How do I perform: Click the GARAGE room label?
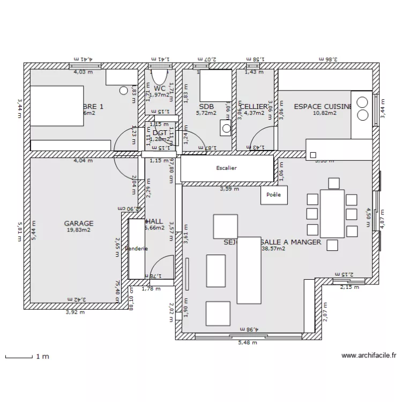[x=79, y=224]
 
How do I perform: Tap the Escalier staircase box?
[x=226, y=168]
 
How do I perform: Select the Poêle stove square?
[x=273, y=195]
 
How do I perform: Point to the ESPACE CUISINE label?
[x=322, y=107]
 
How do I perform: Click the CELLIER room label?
[x=254, y=107]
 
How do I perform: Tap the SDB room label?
[x=206, y=107]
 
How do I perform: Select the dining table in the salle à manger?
[x=332, y=213]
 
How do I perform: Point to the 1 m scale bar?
[x=27, y=356]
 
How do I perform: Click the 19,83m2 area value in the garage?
[x=79, y=230]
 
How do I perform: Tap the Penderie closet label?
[x=137, y=249]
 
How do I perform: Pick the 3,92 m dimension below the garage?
[x=75, y=312]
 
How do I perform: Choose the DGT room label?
[x=160, y=133]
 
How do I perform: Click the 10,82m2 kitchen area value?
[x=324, y=113]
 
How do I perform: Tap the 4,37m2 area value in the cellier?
[x=254, y=113]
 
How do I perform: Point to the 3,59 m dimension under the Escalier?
[x=229, y=189]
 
